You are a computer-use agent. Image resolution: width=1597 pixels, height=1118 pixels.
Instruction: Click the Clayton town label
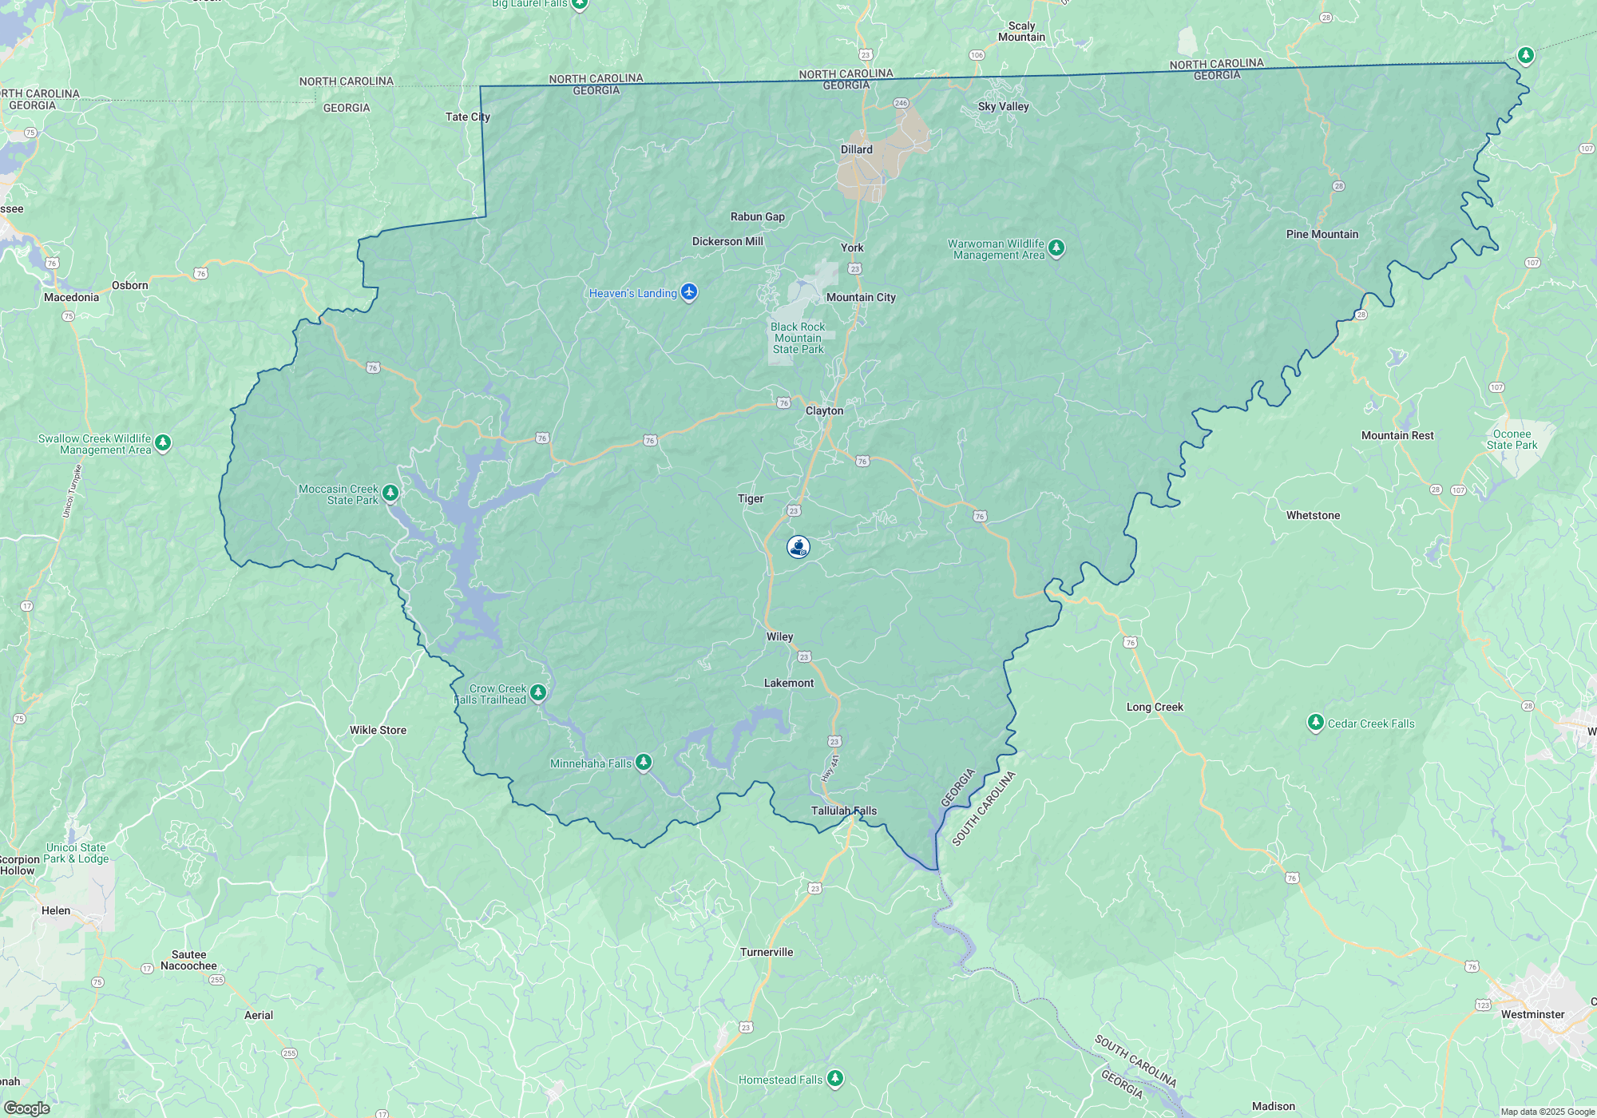[x=824, y=410]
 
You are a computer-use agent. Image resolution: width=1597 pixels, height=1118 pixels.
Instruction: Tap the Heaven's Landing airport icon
[x=689, y=292]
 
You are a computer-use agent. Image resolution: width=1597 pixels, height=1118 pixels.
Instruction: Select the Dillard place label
[x=856, y=149]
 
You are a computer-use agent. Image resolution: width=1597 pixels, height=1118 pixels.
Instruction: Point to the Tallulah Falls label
[x=843, y=811]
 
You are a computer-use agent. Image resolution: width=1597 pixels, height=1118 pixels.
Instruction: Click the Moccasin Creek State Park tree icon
[x=390, y=493]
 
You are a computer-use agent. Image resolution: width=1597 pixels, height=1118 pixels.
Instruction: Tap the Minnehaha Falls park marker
[x=644, y=763]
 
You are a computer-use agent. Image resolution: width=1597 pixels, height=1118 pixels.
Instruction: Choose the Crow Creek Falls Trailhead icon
[x=538, y=692]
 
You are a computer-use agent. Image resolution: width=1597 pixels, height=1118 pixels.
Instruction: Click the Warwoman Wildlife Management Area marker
[x=1056, y=248]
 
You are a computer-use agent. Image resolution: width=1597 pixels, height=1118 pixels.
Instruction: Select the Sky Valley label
[x=1003, y=106]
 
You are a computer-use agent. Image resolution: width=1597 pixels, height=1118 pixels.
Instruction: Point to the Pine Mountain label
[x=1322, y=234]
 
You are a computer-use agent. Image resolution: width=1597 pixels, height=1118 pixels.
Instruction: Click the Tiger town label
[x=751, y=498]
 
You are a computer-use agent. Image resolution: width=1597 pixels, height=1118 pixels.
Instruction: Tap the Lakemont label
[x=789, y=683]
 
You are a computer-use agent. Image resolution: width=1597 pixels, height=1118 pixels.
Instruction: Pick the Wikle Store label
[x=378, y=730]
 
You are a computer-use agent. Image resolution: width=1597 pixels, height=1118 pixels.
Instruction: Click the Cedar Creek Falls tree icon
[x=1315, y=723]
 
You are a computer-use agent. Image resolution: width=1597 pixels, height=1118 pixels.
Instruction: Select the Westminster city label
[x=1532, y=1014]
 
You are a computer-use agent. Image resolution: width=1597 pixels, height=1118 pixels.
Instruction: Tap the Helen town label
[x=56, y=910]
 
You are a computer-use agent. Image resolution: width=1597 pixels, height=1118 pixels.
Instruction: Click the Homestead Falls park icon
[x=835, y=1078]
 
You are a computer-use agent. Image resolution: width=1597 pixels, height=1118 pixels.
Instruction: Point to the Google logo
[x=27, y=1108]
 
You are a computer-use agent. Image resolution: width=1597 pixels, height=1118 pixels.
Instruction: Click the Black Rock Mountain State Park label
[x=798, y=338]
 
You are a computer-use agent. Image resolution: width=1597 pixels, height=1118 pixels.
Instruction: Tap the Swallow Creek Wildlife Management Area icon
[x=163, y=442]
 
